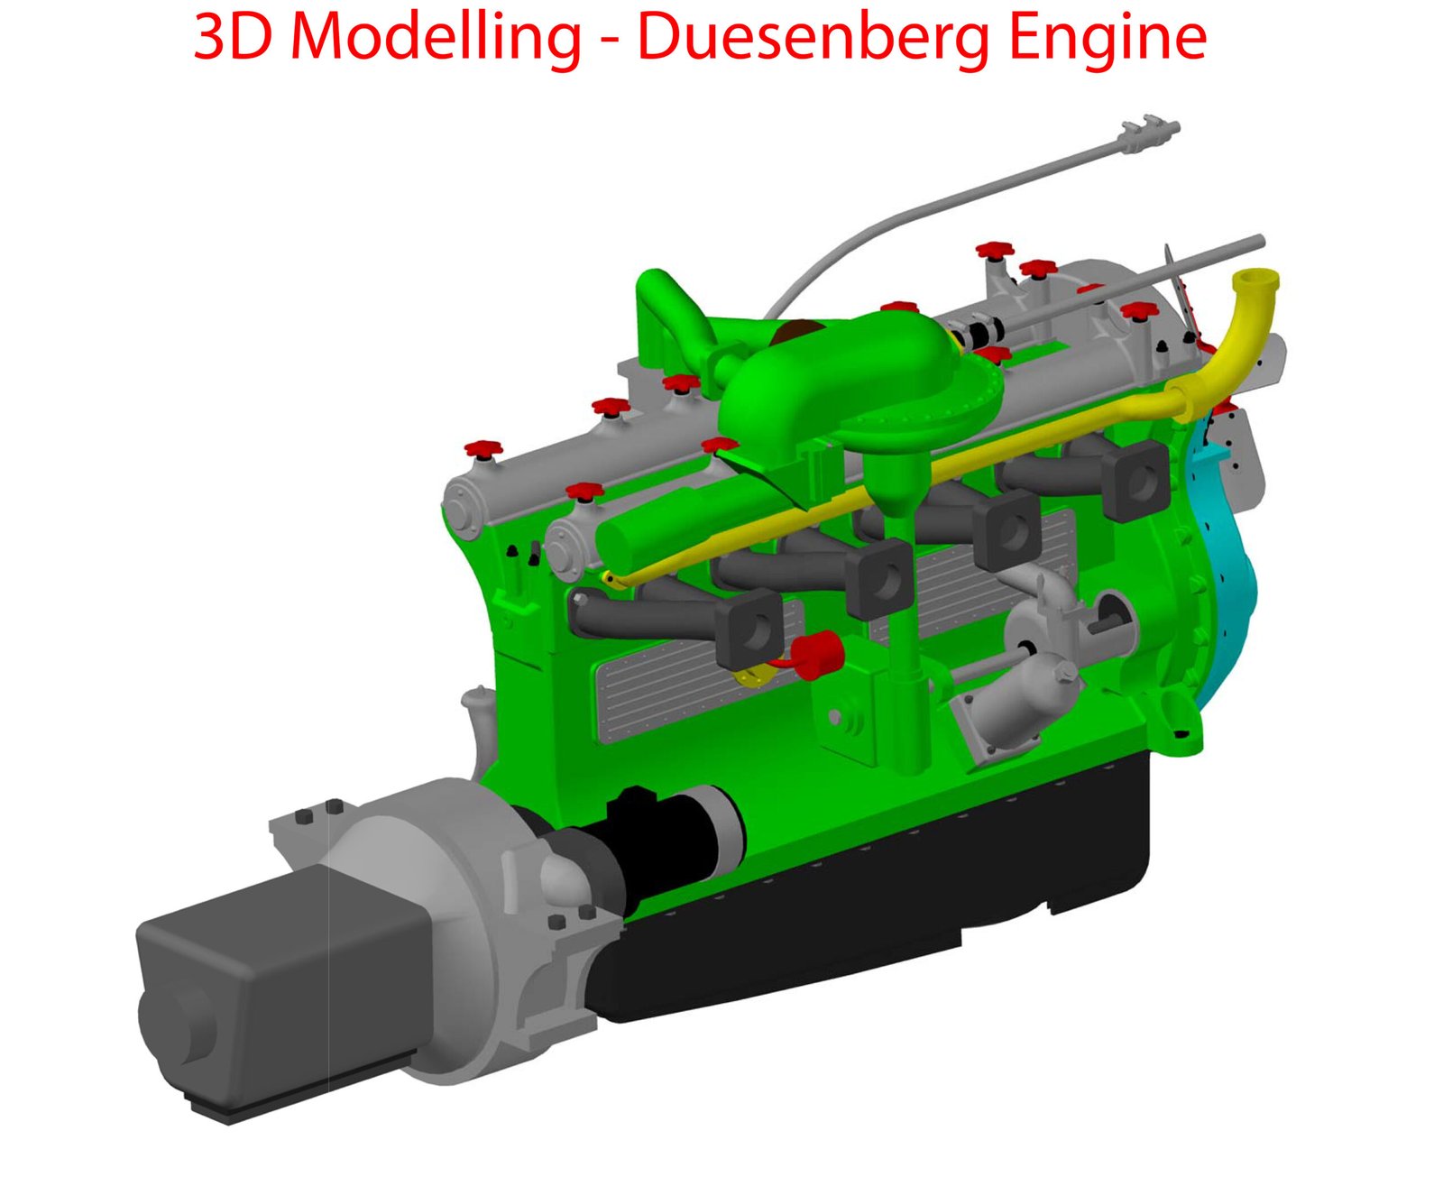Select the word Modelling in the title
(x=436, y=39)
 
